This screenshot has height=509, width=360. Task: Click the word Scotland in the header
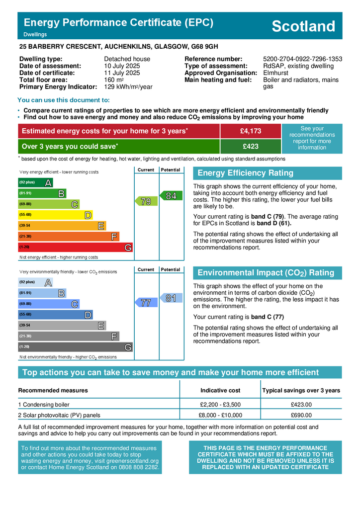click(x=303, y=26)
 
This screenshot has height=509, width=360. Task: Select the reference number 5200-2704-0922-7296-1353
click(x=302, y=59)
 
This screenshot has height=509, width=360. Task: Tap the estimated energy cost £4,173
click(x=250, y=131)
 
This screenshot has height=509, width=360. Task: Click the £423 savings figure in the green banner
click(x=250, y=147)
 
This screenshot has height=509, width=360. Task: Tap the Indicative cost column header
click(x=220, y=390)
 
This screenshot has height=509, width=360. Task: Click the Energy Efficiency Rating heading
click(x=246, y=173)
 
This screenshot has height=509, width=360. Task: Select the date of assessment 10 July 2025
click(x=122, y=66)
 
